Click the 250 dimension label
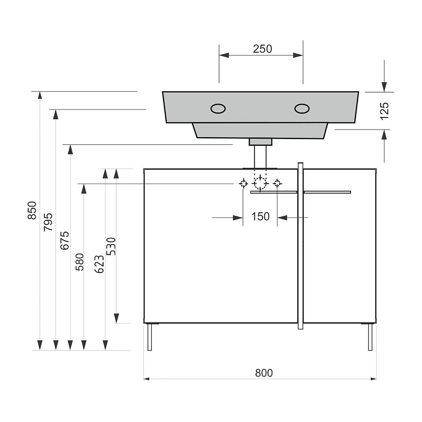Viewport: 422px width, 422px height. pyautogui.click(x=262, y=49)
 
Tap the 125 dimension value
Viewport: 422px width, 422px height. pyautogui.click(x=384, y=111)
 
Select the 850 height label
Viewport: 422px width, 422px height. pyautogui.click(x=32, y=210)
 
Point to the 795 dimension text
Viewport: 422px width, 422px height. pyautogui.click(x=48, y=222)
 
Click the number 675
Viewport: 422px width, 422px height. pyautogui.click(x=65, y=240)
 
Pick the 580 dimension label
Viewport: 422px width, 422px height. pyautogui.click(x=79, y=262)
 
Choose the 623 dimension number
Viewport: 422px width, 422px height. pyautogui.click(x=99, y=264)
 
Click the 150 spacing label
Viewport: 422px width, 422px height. pyautogui.click(x=260, y=216)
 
